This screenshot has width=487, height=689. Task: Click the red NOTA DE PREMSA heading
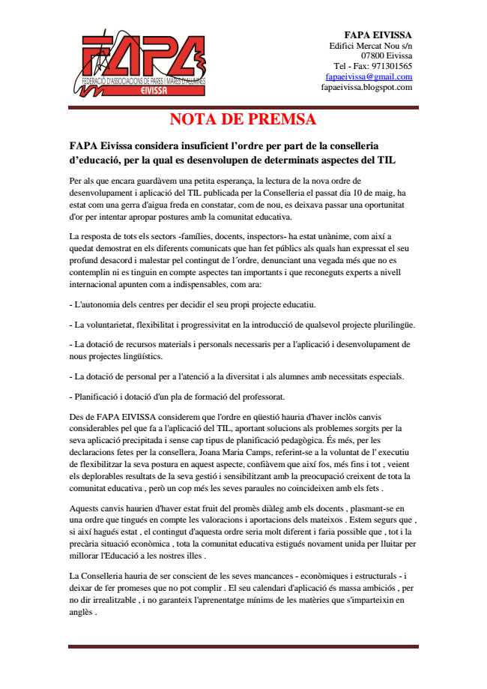243,119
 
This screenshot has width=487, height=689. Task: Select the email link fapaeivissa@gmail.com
369,76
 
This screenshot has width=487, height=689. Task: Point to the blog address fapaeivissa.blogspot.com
366,87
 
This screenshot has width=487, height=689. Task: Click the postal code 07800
375,55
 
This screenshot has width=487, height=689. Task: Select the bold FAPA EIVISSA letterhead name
378,34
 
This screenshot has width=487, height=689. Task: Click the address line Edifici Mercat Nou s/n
371,45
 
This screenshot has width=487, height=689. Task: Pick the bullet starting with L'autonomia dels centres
193,304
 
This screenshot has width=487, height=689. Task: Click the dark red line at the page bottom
243,646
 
